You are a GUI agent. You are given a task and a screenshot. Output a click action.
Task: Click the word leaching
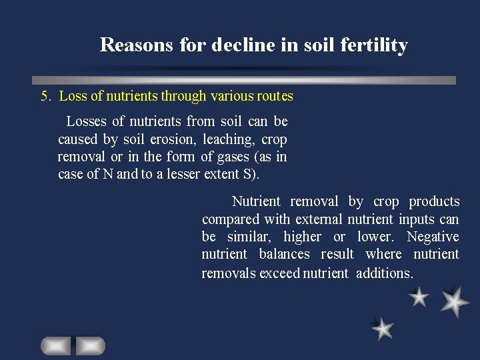[229, 140]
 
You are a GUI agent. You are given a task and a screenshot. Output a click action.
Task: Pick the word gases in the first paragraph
[239, 157]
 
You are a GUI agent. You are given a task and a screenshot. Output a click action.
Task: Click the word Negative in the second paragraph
[433, 237]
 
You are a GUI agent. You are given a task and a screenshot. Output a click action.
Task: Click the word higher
[302, 237]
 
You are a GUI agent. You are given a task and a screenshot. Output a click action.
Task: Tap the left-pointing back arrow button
[55, 345]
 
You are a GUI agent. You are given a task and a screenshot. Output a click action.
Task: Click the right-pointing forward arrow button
[90, 345]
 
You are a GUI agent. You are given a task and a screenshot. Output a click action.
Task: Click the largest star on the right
[455, 301]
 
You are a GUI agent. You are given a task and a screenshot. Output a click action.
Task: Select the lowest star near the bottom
[383, 328]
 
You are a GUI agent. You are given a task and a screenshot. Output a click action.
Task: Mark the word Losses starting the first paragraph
[87, 122]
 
